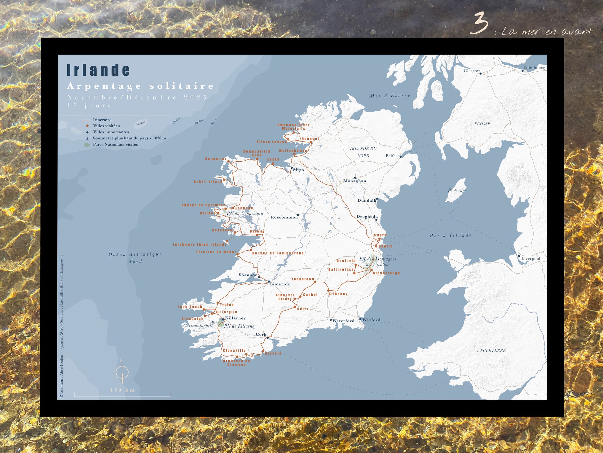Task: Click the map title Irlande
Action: [x=98, y=70]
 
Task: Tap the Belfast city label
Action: [x=392, y=156]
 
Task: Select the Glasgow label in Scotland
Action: [x=472, y=71]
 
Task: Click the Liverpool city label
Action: [x=530, y=258]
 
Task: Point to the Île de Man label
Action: [x=457, y=191]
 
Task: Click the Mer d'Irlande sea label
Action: [x=450, y=235]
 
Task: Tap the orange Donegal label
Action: [x=310, y=139]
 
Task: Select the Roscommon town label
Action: [x=284, y=217]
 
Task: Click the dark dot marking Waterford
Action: [x=331, y=320]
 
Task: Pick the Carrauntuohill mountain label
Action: [x=198, y=325]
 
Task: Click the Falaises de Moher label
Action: [x=216, y=252]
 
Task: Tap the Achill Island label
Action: [x=208, y=182]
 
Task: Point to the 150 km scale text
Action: [x=123, y=390]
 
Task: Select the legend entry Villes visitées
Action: [x=106, y=126]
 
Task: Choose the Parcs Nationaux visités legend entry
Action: [x=115, y=144]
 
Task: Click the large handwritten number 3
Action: [x=479, y=24]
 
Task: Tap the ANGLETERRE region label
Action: [x=491, y=350]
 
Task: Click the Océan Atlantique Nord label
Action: [x=135, y=258]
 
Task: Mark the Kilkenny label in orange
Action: [x=338, y=294]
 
